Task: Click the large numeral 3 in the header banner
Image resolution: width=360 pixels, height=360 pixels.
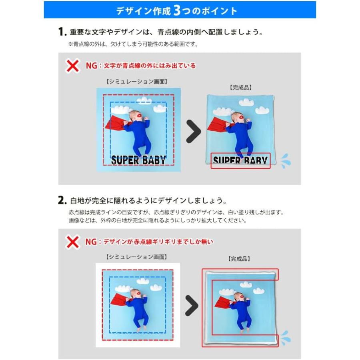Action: pos(178,10)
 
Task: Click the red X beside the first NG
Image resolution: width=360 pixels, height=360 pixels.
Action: pos(72,66)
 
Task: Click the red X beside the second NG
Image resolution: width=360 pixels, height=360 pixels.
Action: pos(72,242)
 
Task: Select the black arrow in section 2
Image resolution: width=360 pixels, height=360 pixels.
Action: pos(192,306)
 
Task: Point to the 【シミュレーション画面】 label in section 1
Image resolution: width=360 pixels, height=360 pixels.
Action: pos(137,82)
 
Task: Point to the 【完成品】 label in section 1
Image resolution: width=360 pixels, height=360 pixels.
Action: pos(240,87)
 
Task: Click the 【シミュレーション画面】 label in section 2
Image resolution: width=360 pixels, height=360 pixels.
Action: pos(137,257)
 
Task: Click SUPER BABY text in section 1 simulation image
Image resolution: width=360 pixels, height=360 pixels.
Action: pos(138,160)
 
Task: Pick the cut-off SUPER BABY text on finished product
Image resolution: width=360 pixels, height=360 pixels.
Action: pos(240,161)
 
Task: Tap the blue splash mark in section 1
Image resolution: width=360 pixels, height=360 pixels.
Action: pos(286,161)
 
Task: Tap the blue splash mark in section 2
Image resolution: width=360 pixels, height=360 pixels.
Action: pos(285,337)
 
